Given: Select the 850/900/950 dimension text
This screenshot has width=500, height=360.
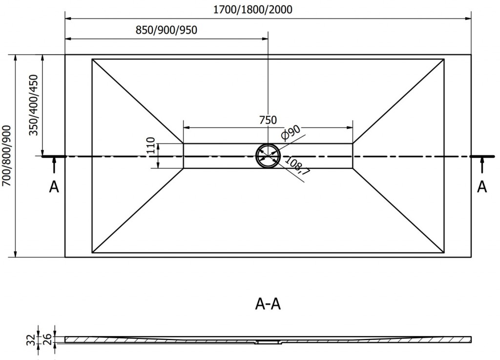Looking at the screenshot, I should (x=166, y=30).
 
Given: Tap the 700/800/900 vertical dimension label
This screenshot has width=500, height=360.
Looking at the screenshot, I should (x=6, y=156).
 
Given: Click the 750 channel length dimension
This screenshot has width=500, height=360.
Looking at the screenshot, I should (x=268, y=120).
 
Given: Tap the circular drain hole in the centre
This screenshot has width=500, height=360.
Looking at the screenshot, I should (x=268, y=156).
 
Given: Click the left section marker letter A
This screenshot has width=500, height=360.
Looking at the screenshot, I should (x=54, y=187).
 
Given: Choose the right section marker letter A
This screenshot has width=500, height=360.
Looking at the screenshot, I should (x=482, y=187).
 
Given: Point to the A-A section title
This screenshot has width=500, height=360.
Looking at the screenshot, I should (x=268, y=304).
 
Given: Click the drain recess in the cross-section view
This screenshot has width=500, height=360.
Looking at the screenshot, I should (x=268, y=342).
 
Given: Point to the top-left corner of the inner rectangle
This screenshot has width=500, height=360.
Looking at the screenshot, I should (x=92, y=60).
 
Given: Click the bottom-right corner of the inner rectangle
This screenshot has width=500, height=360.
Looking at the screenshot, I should (x=444, y=253).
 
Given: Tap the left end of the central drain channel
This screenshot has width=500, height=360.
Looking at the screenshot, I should (x=184, y=156).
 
